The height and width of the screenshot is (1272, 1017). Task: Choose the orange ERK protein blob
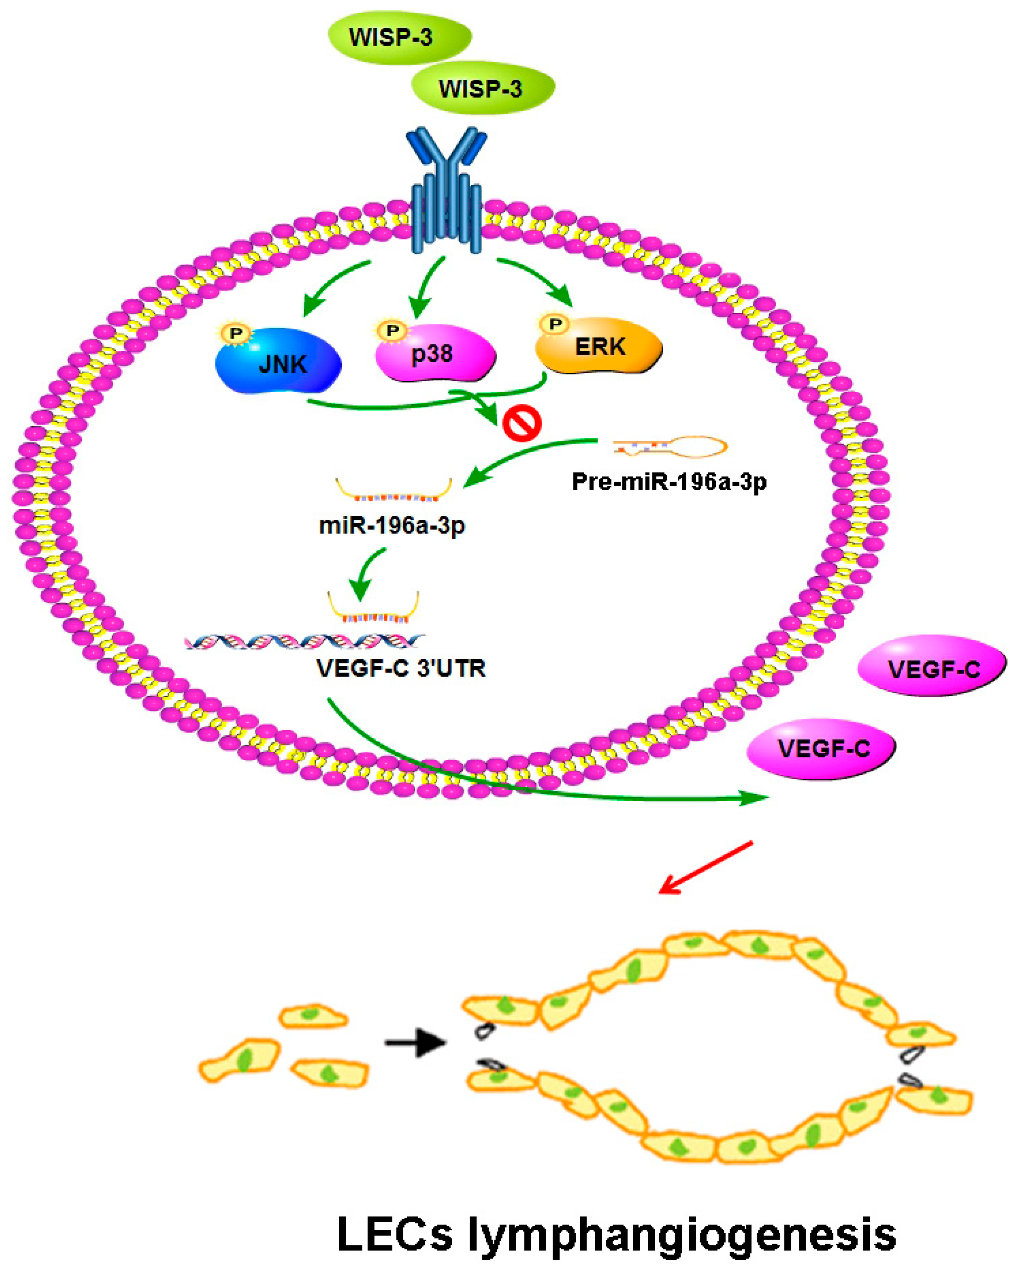pos(599,347)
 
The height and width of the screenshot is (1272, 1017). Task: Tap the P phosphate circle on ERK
pos(555,323)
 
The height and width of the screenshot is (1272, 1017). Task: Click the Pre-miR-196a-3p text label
pos(669,482)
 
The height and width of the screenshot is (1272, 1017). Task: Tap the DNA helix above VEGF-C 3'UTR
pos(305,641)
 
